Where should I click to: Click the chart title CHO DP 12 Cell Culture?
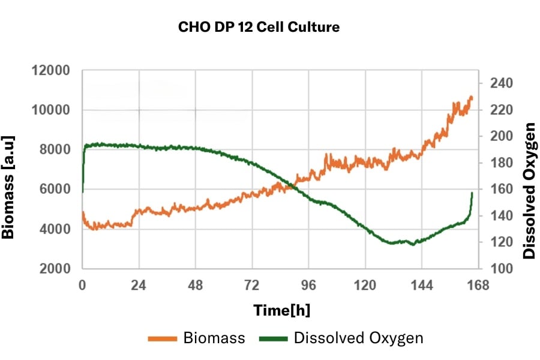(x=259, y=28)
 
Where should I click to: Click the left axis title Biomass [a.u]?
(x=8, y=187)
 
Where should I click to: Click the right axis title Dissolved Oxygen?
(x=529, y=191)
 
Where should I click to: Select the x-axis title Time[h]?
(x=281, y=310)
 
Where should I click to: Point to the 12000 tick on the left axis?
(x=50, y=71)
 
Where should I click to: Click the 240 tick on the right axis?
(x=501, y=83)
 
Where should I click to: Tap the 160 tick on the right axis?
(x=501, y=189)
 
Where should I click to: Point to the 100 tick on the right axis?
(x=501, y=269)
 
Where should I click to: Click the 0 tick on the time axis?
(x=82, y=286)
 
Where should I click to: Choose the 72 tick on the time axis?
(x=252, y=286)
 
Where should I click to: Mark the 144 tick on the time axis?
(x=422, y=286)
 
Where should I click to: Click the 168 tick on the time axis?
(x=478, y=286)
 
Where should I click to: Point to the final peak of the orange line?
(x=471, y=97)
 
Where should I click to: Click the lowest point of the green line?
(x=412, y=245)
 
